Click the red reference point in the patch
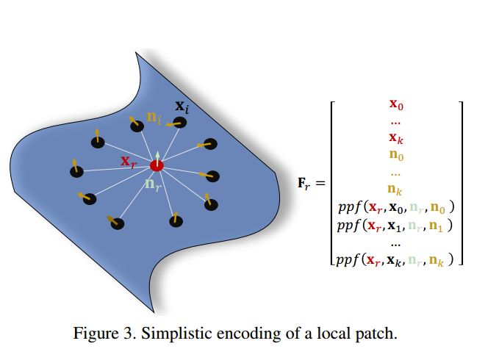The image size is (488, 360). (157, 166)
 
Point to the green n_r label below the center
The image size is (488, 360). (153, 186)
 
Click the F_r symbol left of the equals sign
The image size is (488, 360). (304, 179)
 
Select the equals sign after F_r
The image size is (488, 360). (321, 179)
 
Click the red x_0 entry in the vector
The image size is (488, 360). (396, 104)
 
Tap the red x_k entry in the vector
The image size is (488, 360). (396, 137)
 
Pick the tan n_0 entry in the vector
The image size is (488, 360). (396, 156)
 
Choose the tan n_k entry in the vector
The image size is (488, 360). (396, 190)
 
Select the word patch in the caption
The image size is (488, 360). (376, 334)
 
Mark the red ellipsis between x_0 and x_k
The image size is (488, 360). (396, 120)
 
